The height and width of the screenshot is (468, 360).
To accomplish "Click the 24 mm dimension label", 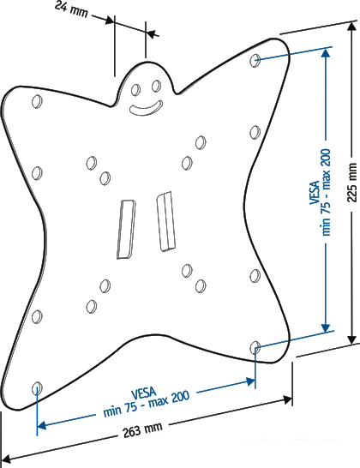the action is pyautogui.click(x=72, y=10).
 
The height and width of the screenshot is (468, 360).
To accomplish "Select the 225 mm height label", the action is pyautogui.click(x=352, y=183).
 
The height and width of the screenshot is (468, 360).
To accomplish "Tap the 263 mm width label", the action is pyautogui.click(x=143, y=429).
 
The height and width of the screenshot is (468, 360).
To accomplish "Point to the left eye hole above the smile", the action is pyautogui.click(x=135, y=90).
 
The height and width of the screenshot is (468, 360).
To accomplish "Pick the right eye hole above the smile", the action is pyautogui.click(x=156, y=86).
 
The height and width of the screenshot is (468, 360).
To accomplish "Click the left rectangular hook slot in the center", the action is pyautogui.click(x=126, y=229).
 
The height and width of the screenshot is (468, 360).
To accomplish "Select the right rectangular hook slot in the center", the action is pyautogui.click(x=166, y=221).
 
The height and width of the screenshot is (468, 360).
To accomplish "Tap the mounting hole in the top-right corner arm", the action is pyautogui.click(x=255, y=61).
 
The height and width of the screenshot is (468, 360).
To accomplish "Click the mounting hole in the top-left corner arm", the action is pyautogui.click(x=37, y=101).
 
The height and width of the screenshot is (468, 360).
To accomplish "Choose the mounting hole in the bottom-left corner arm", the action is pyautogui.click(x=37, y=388).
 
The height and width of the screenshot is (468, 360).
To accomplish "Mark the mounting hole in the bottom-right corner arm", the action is pyautogui.click(x=255, y=347).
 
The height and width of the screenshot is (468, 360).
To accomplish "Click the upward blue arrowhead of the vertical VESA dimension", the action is pyautogui.click(x=326, y=53).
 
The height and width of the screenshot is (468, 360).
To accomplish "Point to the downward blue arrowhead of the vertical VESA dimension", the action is pyautogui.click(x=326, y=327).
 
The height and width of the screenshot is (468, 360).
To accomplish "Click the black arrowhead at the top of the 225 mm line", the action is pyautogui.click(x=352, y=27).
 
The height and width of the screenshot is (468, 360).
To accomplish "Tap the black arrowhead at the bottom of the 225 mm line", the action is pyautogui.click(x=352, y=339).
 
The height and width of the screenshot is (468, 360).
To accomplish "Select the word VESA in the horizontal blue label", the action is pyautogui.click(x=143, y=393).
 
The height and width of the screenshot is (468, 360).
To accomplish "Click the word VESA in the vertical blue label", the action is pyautogui.click(x=315, y=192).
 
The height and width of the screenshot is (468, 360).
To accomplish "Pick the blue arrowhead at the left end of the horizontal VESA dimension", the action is pyautogui.click(x=42, y=425).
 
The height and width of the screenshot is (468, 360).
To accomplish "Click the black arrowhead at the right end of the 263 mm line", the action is pyautogui.click(x=287, y=400).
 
